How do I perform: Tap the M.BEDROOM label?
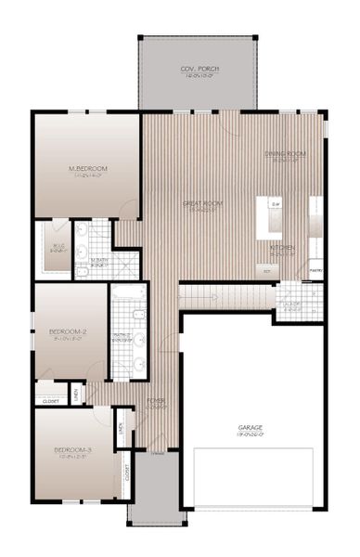pyautogui.click(x=88, y=168)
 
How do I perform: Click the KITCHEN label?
pyautogui.click(x=282, y=249)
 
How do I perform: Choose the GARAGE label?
pyautogui.click(x=251, y=429)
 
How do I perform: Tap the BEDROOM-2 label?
pyautogui.click(x=68, y=330)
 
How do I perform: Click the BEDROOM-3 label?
pyautogui.click(x=72, y=451)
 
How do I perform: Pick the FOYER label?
pyautogui.click(x=157, y=401)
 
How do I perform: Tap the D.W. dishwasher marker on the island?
pyautogui.click(x=276, y=203)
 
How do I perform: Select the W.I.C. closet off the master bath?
pyautogui.click(x=57, y=249)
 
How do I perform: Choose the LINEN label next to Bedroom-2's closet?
pyautogui.click(x=75, y=395)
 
